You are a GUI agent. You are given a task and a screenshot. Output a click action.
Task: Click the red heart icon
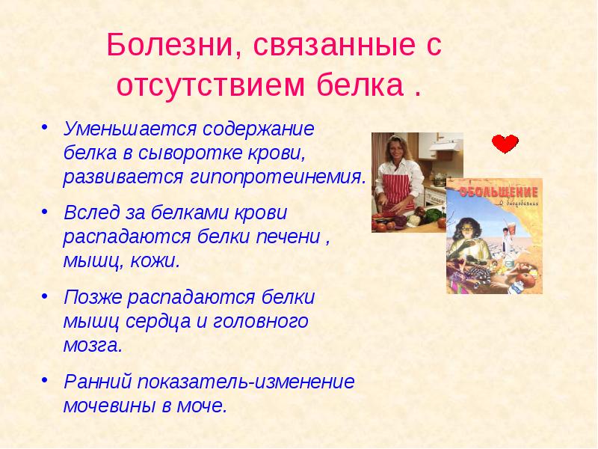(505, 144)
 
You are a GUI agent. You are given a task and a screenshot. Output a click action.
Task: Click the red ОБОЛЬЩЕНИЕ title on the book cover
(493, 192)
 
